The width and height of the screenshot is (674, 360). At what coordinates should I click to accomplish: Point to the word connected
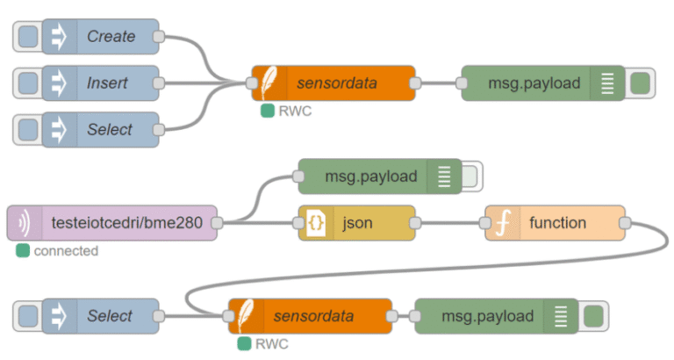coord(66,251)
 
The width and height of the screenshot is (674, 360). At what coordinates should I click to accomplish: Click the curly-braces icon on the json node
coord(317,223)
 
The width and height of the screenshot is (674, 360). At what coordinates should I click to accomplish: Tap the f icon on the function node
coord(503,223)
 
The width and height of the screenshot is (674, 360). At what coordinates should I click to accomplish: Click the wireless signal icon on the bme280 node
coord(23,223)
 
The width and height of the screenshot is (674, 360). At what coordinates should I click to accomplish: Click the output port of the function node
coord(625,223)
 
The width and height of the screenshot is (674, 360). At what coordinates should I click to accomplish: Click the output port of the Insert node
coord(159,83)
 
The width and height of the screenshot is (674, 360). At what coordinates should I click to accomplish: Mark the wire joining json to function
coord(449,223)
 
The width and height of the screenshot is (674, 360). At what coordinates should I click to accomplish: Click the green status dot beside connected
coord(22,251)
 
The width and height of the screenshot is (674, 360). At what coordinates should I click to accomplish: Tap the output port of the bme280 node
coord(217,223)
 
